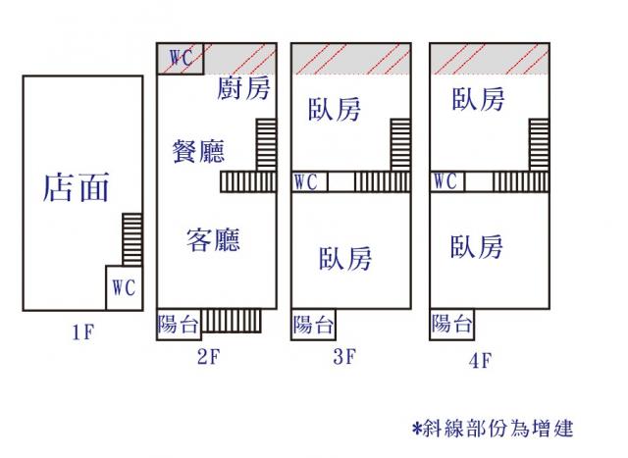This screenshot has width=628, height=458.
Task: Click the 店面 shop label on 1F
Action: click(x=76, y=186)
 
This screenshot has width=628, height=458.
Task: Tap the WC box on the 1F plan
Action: click(x=123, y=288)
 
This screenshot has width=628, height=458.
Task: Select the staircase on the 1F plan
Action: click(x=132, y=238)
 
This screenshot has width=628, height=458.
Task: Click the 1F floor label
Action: click(x=82, y=332)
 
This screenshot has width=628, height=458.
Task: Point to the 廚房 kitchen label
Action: click(x=244, y=89)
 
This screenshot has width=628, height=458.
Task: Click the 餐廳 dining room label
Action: click(x=197, y=151)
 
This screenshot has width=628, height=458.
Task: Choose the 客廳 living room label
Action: click(x=213, y=239)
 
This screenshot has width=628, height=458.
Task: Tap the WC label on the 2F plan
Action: click(x=181, y=58)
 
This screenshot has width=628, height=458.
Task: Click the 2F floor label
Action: click(x=207, y=357)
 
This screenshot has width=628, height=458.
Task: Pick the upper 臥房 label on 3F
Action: click(x=334, y=108)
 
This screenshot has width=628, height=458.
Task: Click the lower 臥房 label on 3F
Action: click(x=345, y=259)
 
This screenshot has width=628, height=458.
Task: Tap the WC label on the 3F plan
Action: click(x=305, y=182)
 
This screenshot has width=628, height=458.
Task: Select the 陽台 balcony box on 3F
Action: click(x=313, y=325)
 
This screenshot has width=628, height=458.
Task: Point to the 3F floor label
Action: click(x=343, y=357)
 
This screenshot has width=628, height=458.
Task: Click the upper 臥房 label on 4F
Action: click(x=478, y=99)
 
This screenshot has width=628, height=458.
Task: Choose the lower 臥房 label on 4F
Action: click(x=477, y=246)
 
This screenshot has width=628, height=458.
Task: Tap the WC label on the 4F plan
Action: click(x=445, y=182)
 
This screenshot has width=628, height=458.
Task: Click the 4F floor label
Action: click(x=479, y=360)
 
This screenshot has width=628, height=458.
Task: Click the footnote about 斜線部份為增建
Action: click(x=493, y=429)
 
